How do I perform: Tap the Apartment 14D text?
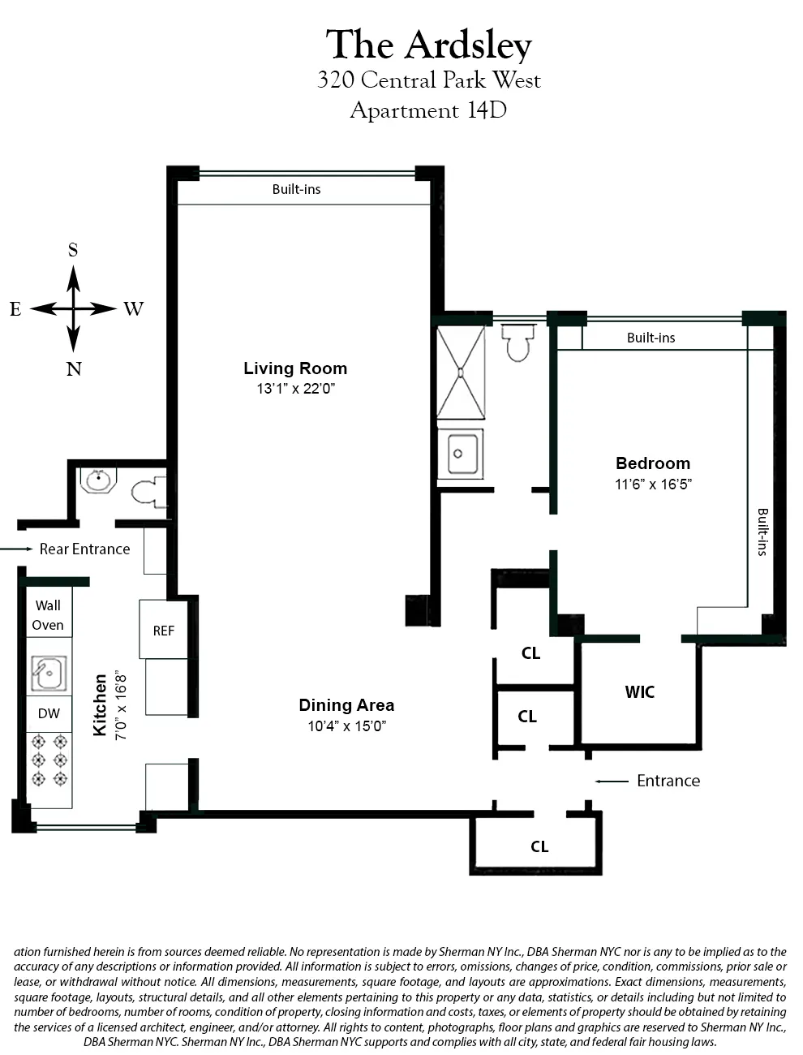(x=428, y=110)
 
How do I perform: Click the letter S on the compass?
(x=73, y=251)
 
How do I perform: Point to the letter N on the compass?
(x=74, y=369)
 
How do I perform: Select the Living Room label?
(x=295, y=368)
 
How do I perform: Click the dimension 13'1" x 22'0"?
(x=295, y=389)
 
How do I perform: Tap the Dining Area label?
(x=346, y=705)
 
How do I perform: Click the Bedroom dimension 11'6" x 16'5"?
(x=653, y=484)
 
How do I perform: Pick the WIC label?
(x=639, y=692)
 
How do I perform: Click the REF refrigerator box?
(x=164, y=630)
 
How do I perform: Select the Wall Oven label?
(x=48, y=615)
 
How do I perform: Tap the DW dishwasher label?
(x=49, y=714)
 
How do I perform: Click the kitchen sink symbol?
(x=49, y=673)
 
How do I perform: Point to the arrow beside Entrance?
(x=612, y=782)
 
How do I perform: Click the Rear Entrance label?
(x=84, y=549)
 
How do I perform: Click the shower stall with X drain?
(x=460, y=372)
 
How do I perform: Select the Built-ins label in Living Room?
(x=296, y=190)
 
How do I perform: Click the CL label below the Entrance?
(x=539, y=847)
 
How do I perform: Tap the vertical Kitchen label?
(x=101, y=704)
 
